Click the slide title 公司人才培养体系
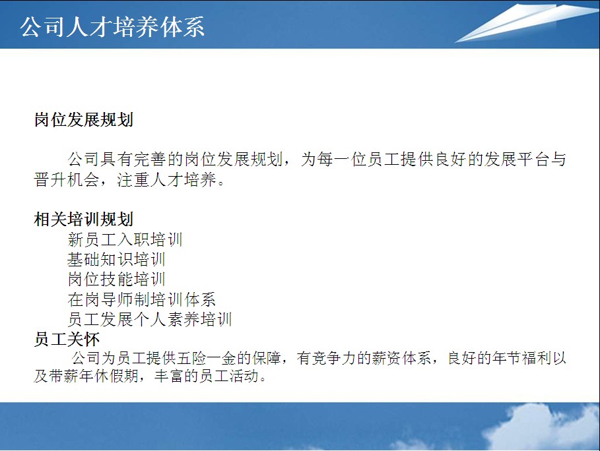[112, 27]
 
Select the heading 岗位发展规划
[84, 119]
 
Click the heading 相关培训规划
[84, 220]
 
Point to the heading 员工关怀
[67, 339]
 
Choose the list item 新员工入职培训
[125, 239]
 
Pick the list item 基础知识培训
[116, 260]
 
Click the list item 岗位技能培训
[116, 280]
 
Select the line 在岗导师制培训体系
[141, 299]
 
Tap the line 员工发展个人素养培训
[150, 319]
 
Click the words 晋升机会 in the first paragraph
[67, 179]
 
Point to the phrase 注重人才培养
[167, 179]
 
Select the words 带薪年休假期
[94, 376]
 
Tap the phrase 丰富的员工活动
[207, 376]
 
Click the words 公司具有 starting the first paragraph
[100, 160]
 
